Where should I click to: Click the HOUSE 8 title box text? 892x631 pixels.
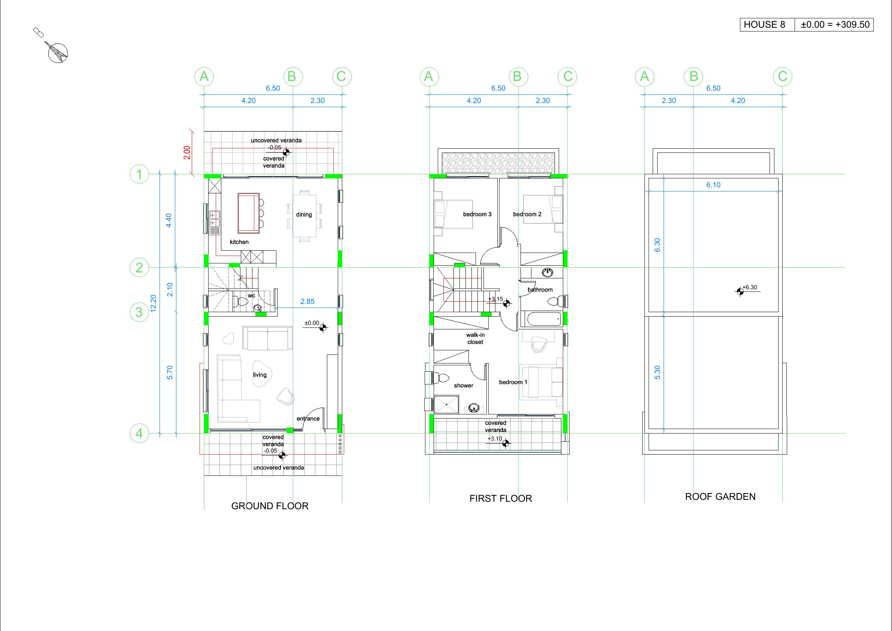[764, 24]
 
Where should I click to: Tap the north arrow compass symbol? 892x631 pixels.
[58, 52]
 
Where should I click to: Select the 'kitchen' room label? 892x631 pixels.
[239, 242]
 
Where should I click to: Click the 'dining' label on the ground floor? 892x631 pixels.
[304, 214]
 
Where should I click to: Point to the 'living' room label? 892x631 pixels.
[260, 375]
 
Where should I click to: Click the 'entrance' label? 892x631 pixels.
[308, 419]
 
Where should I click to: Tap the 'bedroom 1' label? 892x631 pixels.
[513, 382]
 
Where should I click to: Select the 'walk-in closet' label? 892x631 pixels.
[476, 338]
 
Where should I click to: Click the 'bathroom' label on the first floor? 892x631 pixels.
[540, 290]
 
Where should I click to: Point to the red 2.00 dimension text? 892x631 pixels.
[187, 153]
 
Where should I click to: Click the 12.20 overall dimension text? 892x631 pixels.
[153, 303]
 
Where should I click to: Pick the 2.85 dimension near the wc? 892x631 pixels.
[307, 301]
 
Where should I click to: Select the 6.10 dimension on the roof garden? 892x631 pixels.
[713, 185]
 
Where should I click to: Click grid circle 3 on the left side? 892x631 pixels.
[139, 312]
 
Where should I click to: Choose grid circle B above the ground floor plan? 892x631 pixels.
[292, 76]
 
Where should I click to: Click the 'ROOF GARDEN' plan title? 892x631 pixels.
[720, 496]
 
